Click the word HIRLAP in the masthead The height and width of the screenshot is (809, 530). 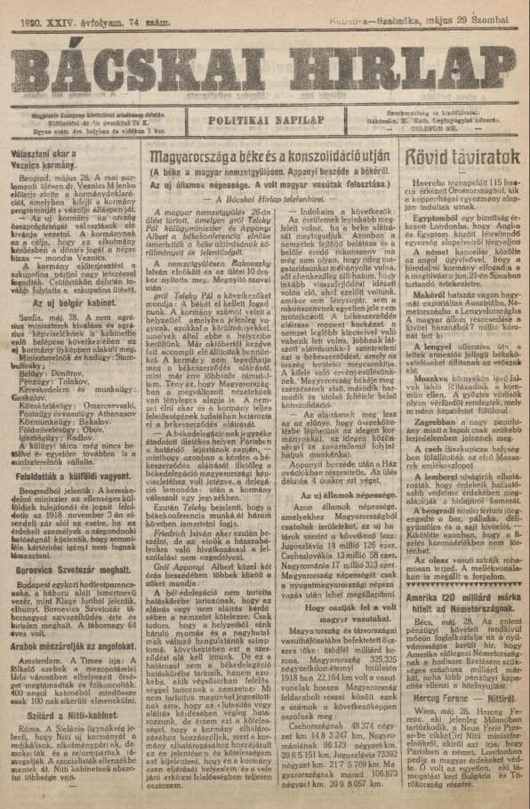tap(397, 64)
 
